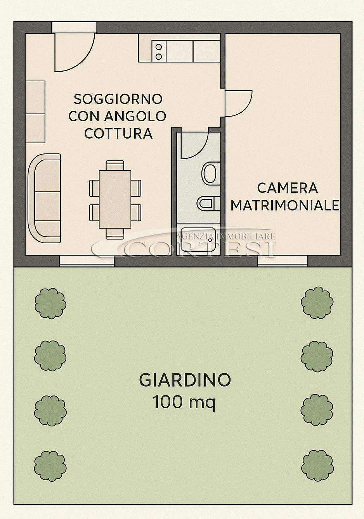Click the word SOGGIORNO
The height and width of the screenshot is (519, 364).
tap(118, 99)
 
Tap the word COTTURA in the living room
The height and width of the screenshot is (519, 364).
tap(118, 133)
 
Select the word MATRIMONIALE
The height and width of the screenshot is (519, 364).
tap(285, 205)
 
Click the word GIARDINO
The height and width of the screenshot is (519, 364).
tap(185, 380)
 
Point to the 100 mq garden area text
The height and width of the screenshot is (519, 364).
tap(184, 402)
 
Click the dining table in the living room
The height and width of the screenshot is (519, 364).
tap(115, 199)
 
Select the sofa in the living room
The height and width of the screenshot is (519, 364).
tap(44, 198)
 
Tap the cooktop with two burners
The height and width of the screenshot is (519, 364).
tap(159, 51)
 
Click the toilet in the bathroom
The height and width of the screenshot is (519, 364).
tap(211, 173)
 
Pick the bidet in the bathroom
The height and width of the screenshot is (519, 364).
tap(208, 203)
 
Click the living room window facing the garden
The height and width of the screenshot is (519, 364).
tap(87, 261)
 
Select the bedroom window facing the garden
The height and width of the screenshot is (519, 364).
tap(283, 261)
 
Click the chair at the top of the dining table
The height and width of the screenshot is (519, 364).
tap(115, 165)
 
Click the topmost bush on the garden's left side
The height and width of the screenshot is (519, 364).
tap(50, 303)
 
